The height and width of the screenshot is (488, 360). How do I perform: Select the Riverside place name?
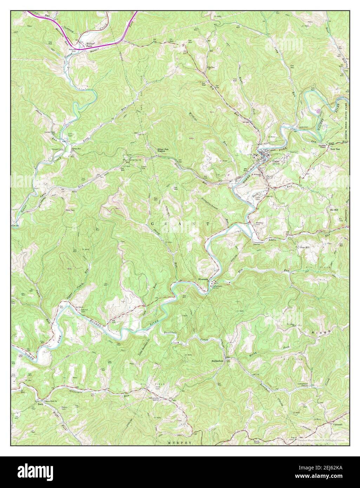(203, 279)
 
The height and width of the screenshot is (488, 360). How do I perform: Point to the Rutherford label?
(217, 361)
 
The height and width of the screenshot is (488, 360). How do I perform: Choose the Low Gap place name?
(335, 149)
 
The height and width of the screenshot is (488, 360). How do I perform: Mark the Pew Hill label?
(304, 248)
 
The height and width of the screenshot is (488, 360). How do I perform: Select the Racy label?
(31, 404)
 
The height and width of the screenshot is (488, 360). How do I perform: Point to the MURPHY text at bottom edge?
(180, 443)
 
